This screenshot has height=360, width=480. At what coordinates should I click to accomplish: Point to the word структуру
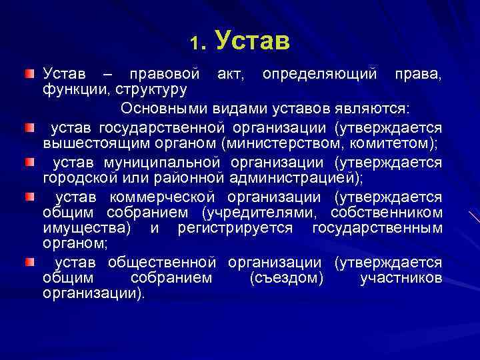tap(151, 87)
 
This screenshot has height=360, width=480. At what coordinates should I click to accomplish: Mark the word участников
tap(400, 278)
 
